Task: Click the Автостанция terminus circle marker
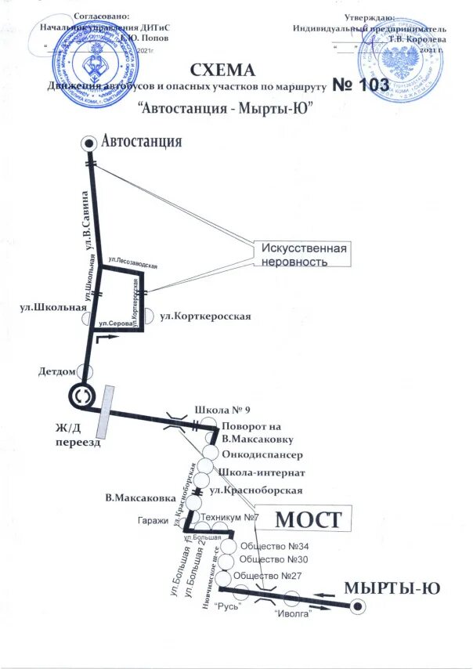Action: coord(88,143)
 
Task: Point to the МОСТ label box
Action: coord(311,519)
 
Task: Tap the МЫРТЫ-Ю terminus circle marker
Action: coord(357,606)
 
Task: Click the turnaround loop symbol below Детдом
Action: coord(81,397)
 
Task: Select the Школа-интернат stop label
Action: coord(262,472)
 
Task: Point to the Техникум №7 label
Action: coord(229,518)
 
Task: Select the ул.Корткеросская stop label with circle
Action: coord(205,316)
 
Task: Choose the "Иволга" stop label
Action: coord(293,613)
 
